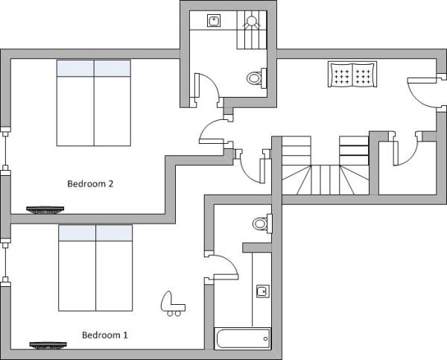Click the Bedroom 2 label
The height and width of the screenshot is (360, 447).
[x=90, y=183]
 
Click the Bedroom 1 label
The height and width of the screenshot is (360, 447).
[x=104, y=335]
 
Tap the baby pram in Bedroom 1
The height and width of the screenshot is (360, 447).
[x=173, y=303]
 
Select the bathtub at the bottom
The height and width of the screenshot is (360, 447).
[x=242, y=339]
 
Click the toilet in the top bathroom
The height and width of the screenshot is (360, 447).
[x=256, y=77]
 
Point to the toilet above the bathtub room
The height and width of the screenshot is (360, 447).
[x=262, y=224]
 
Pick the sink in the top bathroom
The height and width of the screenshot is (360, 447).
[x=214, y=21]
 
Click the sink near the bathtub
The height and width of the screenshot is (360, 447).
[x=262, y=291]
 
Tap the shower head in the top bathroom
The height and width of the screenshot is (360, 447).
[x=252, y=21]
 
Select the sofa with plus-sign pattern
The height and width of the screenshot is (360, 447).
[x=352, y=75]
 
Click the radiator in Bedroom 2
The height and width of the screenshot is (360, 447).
[x=45, y=210]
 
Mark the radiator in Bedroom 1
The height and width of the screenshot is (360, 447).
[x=48, y=345]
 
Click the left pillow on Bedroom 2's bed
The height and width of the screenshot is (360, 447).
[x=75, y=68]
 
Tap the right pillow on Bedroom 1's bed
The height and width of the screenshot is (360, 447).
[x=114, y=233]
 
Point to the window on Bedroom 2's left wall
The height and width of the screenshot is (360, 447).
[x=6, y=148]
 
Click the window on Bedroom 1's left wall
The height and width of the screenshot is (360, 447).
[x=6, y=262]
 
